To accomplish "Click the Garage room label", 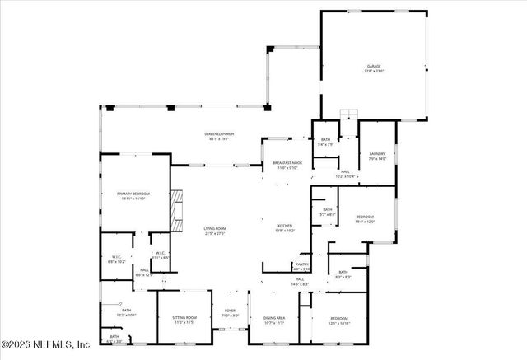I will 375,68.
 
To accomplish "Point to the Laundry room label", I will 378,156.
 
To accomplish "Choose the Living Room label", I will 215,231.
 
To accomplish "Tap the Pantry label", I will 302,266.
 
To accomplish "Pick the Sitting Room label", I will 184,319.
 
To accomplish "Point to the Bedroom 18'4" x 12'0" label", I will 365,219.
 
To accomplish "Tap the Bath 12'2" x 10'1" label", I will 127,313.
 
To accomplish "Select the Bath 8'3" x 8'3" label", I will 343,274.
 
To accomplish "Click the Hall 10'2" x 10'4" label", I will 346,173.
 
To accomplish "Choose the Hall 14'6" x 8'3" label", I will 300,282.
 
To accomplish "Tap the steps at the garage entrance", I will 349,115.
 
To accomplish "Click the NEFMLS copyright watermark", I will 46,344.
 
